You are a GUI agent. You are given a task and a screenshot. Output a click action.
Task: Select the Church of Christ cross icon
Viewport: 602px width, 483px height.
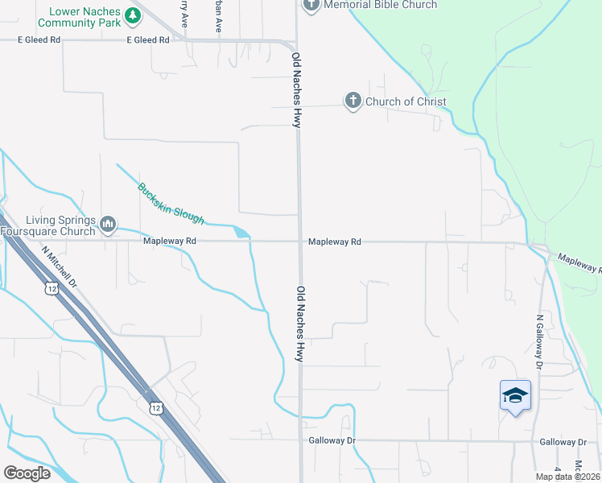[353, 101]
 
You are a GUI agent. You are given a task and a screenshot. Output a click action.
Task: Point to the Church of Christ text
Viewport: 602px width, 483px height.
[406, 102]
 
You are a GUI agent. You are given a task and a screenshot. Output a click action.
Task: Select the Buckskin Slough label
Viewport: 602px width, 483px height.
[171, 204]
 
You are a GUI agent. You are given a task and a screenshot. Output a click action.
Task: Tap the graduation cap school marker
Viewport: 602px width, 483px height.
[515, 396]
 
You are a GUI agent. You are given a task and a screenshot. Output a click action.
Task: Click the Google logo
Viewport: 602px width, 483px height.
[27, 473]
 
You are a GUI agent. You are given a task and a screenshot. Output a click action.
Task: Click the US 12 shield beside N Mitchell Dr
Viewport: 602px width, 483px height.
[52, 288]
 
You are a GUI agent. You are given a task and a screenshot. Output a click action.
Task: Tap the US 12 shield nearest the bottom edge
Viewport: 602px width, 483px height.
[155, 408]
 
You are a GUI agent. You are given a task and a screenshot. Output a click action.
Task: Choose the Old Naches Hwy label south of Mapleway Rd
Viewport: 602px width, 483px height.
[300, 324]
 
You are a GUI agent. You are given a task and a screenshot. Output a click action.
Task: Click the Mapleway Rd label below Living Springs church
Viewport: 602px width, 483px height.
[170, 241]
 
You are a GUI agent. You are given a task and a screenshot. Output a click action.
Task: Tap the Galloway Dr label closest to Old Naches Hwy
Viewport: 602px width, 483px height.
[332, 441]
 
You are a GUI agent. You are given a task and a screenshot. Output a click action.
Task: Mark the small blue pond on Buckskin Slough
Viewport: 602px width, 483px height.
[241, 233]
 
